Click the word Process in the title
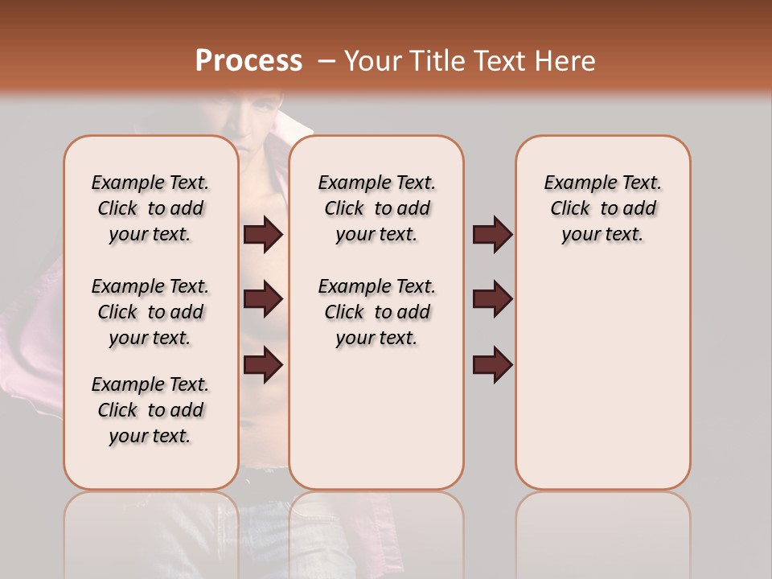248,61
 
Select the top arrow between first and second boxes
263,235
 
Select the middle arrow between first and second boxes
263,300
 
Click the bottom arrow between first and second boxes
263,364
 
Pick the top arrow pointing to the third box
492,235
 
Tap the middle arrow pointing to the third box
492,300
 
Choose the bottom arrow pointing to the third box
492,364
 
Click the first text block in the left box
150,208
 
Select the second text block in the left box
150,312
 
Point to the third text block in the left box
150,410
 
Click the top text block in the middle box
377,208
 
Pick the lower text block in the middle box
377,312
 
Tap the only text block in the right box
603,208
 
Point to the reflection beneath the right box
603,531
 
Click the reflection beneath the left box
151,531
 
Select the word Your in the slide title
372,61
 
